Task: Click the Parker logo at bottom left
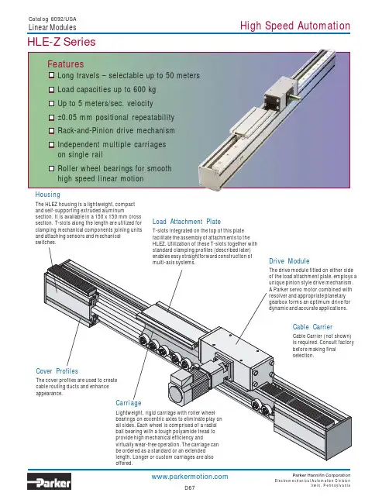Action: pos(49,482)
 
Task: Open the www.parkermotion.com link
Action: pos(190,477)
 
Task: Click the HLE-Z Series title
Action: pos(61,42)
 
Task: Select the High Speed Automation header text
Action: pos(295,26)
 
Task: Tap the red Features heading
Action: pos(66,64)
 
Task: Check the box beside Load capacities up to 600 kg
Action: pos(51,89)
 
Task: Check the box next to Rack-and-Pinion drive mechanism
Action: pos(51,131)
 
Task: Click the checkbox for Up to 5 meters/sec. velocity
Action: pos(51,103)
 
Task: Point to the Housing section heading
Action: pos(48,195)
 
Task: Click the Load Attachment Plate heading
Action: pos(187,222)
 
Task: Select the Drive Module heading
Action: pos(289,261)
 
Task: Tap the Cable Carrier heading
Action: pos(312,327)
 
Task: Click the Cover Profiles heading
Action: pos(57,371)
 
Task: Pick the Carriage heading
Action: pos(129,403)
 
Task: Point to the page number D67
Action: pos(190,488)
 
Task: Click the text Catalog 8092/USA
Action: pos(52,19)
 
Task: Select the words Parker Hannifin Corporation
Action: pos(322,475)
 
